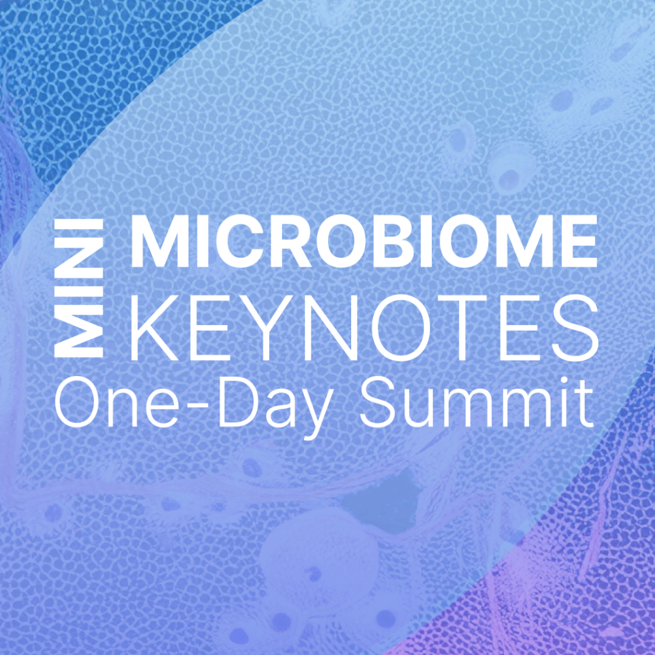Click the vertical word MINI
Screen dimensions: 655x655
pos(79,288)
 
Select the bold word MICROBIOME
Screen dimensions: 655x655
pos(364,241)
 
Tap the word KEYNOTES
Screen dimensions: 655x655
pos(364,327)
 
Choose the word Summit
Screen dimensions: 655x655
pos(477,401)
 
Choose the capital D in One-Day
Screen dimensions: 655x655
pos(237,402)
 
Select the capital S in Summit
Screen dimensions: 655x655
pos(379,402)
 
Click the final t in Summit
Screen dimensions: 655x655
pos(585,404)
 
